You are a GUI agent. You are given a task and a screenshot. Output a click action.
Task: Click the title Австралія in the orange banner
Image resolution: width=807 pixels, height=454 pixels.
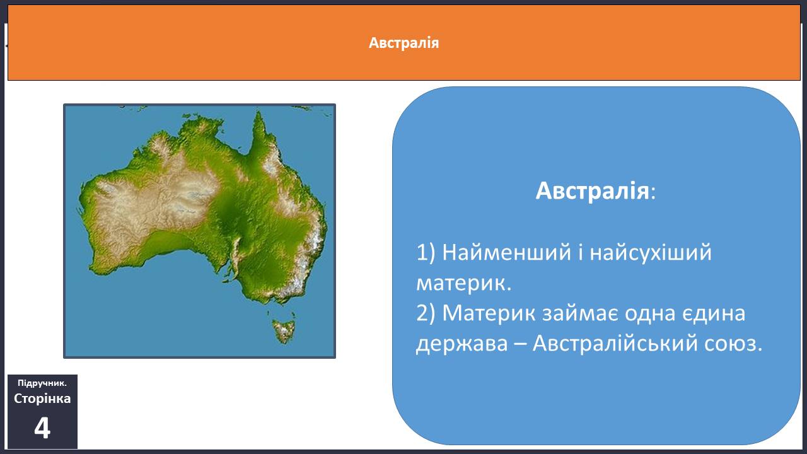click(404, 43)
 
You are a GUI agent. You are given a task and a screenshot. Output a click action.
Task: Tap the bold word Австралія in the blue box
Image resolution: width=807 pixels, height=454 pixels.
click(592, 190)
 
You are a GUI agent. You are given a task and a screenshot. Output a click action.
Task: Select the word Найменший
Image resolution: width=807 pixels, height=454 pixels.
click(506, 252)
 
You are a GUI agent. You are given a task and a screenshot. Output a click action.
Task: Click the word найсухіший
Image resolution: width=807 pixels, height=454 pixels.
click(651, 252)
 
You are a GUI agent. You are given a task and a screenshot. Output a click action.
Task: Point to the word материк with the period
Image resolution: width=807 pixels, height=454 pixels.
click(464, 282)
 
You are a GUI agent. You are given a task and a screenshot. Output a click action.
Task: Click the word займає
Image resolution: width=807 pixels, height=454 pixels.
click(581, 313)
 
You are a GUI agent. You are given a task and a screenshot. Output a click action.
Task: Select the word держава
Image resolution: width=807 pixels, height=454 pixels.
click(462, 344)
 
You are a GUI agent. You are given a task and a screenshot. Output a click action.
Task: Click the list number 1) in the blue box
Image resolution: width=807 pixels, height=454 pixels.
click(426, 253)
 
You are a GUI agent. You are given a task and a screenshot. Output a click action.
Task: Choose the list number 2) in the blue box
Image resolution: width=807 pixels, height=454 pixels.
click(426, 313)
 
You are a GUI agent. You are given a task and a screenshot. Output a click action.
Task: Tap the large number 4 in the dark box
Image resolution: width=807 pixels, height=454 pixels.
click(42, 428)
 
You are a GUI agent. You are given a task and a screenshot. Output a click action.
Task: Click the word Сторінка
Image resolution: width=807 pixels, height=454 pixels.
click(42, 399)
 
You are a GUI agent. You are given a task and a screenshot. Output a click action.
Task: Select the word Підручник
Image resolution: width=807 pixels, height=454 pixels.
click(42, 383)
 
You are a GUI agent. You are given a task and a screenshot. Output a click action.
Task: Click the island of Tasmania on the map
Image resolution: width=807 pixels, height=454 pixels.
click(284, 331)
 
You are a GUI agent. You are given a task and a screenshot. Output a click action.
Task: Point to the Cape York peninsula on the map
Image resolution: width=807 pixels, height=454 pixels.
click(261, 137)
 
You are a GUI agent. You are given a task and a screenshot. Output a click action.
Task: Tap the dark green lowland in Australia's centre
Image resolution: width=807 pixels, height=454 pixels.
click(231, 216)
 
